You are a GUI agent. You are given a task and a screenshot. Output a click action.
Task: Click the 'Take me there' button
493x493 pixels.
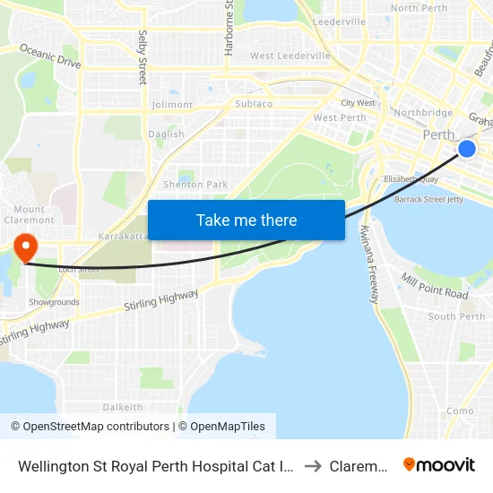point(246,220)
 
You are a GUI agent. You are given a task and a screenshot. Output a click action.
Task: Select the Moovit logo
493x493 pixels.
point(438,464)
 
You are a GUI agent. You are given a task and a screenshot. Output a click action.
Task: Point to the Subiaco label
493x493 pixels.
point(253,104)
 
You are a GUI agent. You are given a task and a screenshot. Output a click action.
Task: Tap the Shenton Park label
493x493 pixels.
point(195,185)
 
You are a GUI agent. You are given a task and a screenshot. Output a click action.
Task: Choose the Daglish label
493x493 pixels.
point(167,134)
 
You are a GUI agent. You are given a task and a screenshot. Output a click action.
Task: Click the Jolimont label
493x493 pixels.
point(172,105)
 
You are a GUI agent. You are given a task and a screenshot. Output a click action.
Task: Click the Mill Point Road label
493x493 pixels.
point(434,286)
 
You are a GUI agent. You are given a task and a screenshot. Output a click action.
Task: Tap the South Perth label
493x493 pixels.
point(456,316)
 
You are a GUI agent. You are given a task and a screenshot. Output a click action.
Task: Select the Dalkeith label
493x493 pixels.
point(122,406)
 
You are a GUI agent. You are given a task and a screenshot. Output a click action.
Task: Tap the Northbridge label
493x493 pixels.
point(423,113)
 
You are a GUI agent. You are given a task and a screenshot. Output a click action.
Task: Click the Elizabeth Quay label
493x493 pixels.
point(411,179)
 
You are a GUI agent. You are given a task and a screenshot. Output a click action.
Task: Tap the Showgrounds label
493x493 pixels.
point(54,302)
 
